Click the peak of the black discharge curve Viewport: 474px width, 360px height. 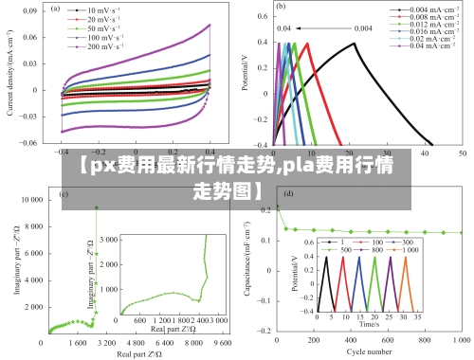(355, 43)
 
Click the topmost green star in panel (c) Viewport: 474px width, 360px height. (96, 207)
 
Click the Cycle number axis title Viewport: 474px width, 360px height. (369, 352)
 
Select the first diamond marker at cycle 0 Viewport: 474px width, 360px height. (277, 207)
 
